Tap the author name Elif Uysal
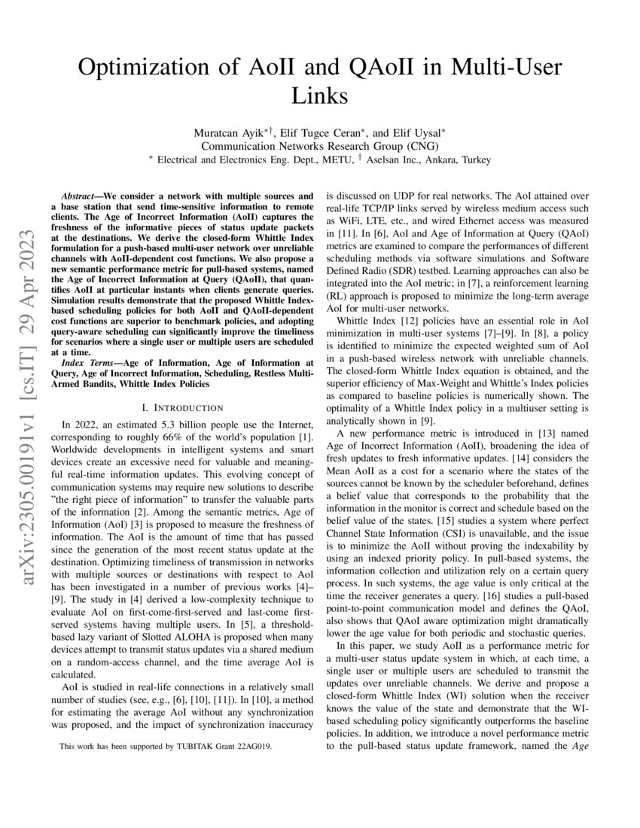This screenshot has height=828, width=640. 418,132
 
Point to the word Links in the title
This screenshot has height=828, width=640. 319,96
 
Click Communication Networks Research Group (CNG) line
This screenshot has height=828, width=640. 319,146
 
